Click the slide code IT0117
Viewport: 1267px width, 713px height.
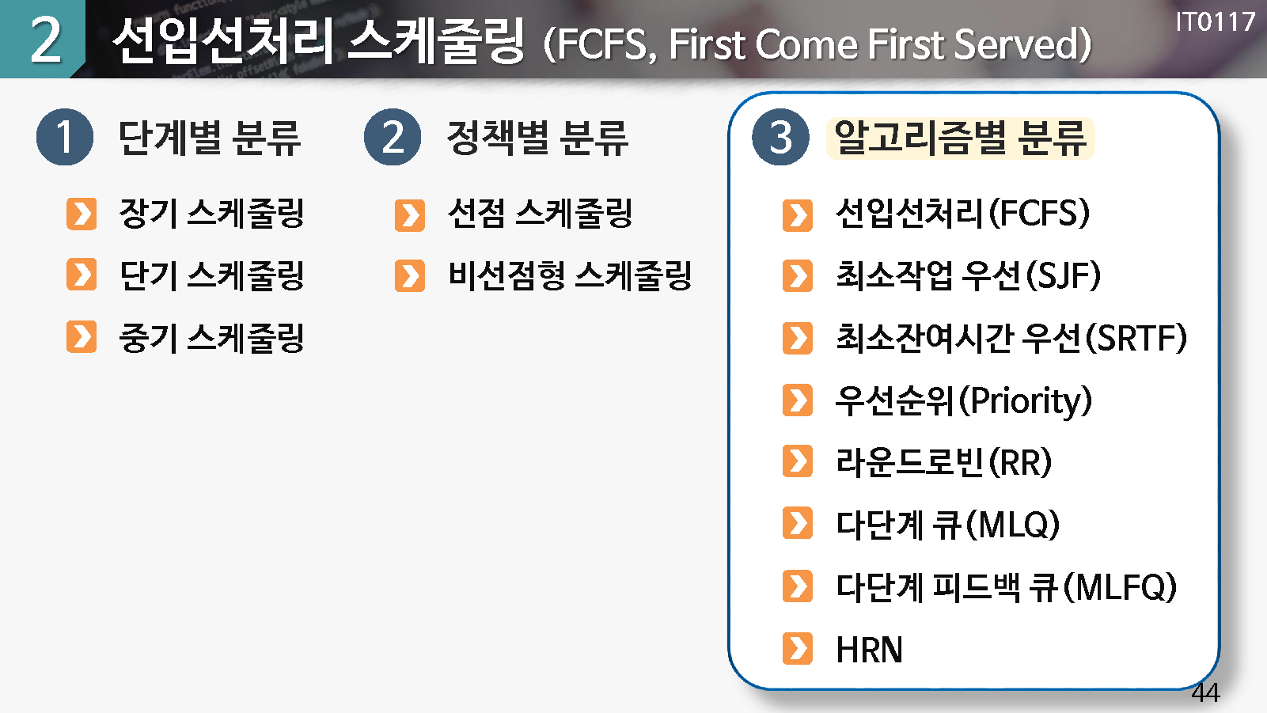1216,22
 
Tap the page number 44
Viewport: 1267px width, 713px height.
1205,692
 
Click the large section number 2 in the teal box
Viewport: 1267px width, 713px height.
45,39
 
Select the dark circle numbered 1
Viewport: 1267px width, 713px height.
64,137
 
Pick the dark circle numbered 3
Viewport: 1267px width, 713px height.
780,137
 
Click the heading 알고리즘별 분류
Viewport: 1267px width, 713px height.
961,138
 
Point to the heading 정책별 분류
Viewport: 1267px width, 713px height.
537,138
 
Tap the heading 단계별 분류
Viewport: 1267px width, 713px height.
210,138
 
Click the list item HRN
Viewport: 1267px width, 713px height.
869,650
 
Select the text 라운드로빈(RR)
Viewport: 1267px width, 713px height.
943,462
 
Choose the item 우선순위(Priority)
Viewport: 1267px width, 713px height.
963,401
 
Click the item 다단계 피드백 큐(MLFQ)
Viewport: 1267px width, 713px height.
1007,587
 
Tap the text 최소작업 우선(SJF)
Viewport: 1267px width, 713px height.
968,275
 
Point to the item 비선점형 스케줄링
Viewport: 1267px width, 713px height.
570,275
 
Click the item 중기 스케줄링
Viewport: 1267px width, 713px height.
211,338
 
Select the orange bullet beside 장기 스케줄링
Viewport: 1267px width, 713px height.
82,214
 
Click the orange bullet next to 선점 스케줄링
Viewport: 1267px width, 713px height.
409,215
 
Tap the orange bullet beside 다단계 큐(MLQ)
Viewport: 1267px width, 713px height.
798,523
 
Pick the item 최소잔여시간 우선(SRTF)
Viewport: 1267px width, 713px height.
1011,338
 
